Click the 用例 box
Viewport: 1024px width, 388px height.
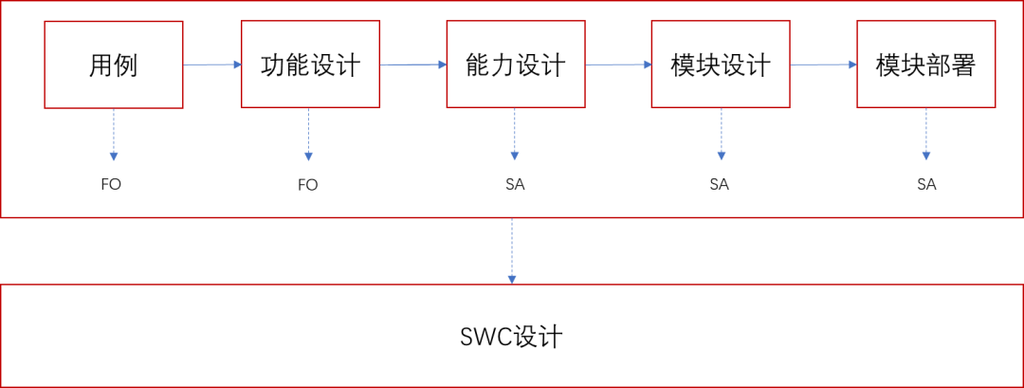[x=114, y=65]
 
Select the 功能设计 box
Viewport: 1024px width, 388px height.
[x=310, y=65]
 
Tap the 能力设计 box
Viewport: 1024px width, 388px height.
[x=516, y=65]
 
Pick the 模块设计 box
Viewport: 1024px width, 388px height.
[x=721, y=65]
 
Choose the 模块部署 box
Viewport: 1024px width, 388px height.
[x=925, y=65]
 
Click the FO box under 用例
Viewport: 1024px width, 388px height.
[x=111, y=184]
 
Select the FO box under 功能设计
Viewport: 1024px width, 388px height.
[x=307, y=184]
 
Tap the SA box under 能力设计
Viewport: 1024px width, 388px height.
[x=515, y=184]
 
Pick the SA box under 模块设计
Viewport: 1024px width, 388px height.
[x=719, y=184]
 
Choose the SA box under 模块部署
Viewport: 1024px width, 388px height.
[x=926, y=184]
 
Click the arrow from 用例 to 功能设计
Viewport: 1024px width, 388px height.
[x=211, y=65]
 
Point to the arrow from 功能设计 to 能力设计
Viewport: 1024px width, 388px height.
[x=412, y=65]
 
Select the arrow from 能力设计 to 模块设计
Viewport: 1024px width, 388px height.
[x=619, y=65]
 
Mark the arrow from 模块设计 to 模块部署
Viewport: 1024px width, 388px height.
[x=823, y=65]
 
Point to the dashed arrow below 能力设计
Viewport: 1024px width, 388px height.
[x=515, y=134]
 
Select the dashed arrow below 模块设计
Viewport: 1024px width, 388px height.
[x=722, y=134]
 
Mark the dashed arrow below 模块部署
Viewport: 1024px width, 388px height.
[x=926, y=134]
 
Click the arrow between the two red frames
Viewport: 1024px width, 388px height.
[x=512, y=251]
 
